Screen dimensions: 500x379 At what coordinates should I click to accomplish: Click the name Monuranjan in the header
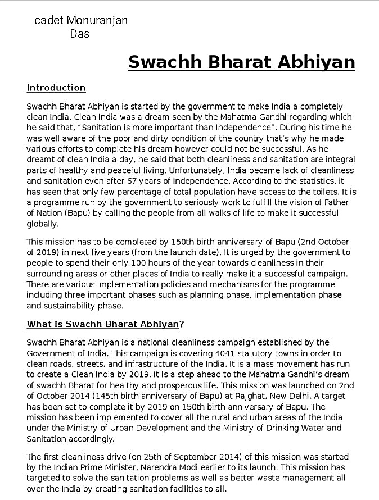97,21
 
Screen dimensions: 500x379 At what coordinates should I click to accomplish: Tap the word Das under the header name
80,34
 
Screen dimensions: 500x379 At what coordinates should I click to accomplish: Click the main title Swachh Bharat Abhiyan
241,62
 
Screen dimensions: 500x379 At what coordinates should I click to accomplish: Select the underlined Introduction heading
56,88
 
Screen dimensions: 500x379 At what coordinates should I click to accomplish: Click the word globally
42,224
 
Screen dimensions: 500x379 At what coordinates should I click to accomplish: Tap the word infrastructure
145,363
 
